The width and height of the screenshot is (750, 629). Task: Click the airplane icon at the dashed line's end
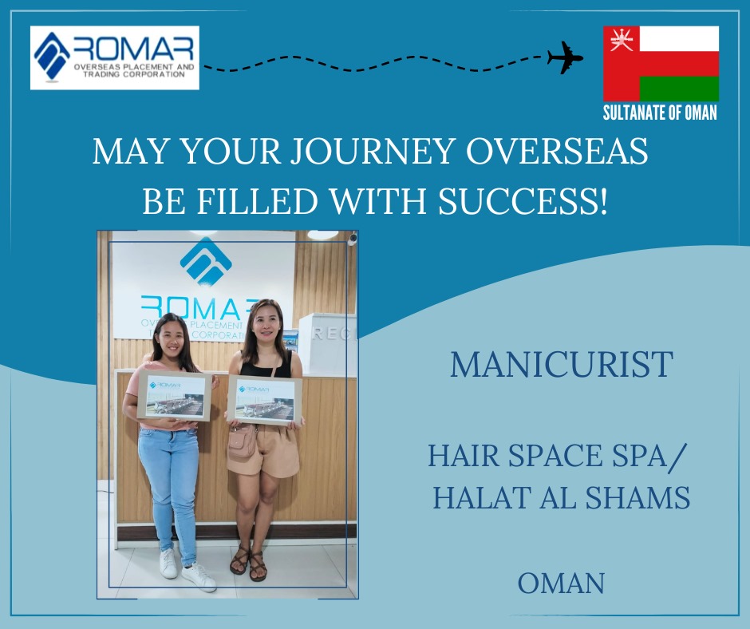565,57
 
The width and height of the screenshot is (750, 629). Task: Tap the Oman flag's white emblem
622,39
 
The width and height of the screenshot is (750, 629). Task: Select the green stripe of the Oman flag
679,89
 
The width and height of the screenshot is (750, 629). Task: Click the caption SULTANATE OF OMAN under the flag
660,113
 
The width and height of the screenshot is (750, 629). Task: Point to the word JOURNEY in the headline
373,152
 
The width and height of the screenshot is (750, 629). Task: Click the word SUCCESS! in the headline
523,201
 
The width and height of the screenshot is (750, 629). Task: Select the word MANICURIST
562,364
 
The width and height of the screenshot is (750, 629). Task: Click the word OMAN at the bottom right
561,583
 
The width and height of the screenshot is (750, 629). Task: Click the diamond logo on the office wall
206,261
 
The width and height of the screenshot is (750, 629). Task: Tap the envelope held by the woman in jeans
175,395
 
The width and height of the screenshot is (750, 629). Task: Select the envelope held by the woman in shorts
265,400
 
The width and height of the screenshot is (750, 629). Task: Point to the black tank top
266,365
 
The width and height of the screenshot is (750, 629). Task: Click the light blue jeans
169,493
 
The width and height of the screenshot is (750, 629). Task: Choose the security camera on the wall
353,239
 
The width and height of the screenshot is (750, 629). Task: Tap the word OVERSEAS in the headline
557,152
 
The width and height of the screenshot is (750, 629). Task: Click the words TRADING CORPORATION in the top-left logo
133,75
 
